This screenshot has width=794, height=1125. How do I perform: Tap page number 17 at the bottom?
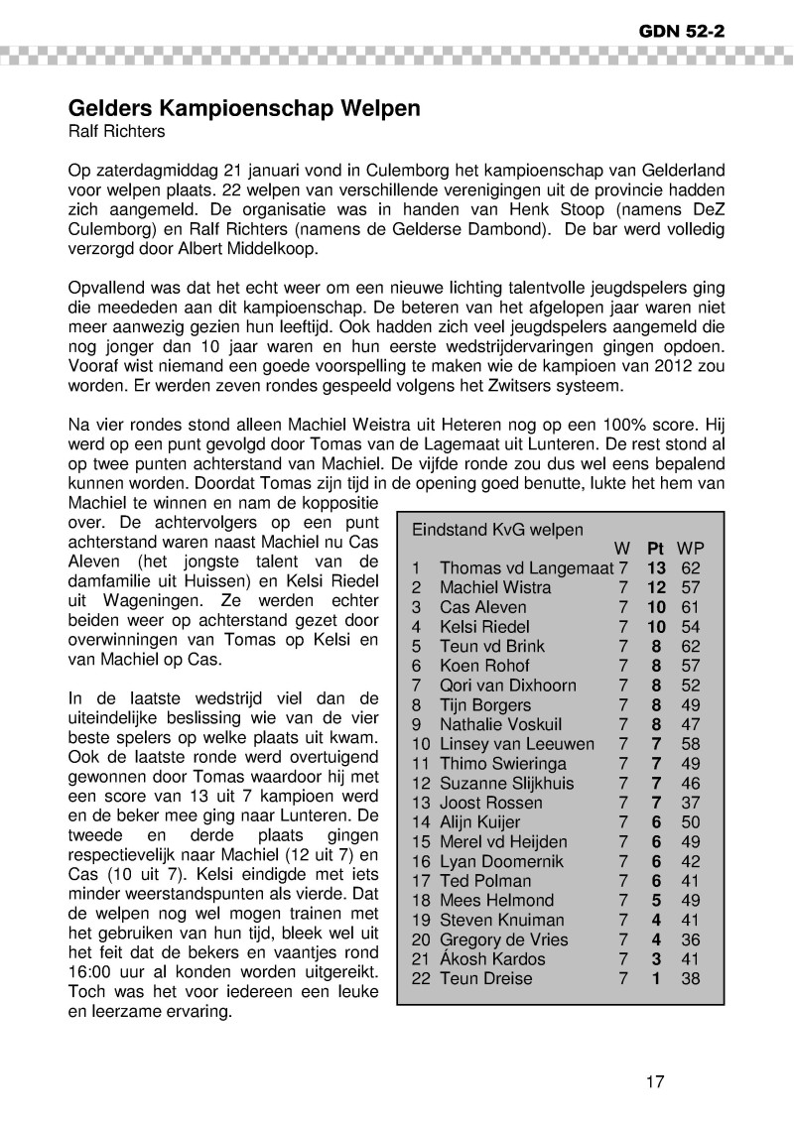(x=654, y=1081)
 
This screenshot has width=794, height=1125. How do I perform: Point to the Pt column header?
(x=655, y=549)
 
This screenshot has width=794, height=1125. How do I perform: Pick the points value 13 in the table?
(x=655, y=568)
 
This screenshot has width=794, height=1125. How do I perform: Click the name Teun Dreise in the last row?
(x=486, y=979)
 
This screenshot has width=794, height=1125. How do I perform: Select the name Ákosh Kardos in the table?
(x=492, y=959)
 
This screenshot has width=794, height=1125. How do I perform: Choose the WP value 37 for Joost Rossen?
(x=691, y=803)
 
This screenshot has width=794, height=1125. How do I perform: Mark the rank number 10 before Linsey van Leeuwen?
(x=421, y=744)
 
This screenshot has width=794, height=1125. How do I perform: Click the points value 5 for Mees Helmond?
(x=655, y=901)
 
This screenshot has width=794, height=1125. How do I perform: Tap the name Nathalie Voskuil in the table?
(x=501, y=724)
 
